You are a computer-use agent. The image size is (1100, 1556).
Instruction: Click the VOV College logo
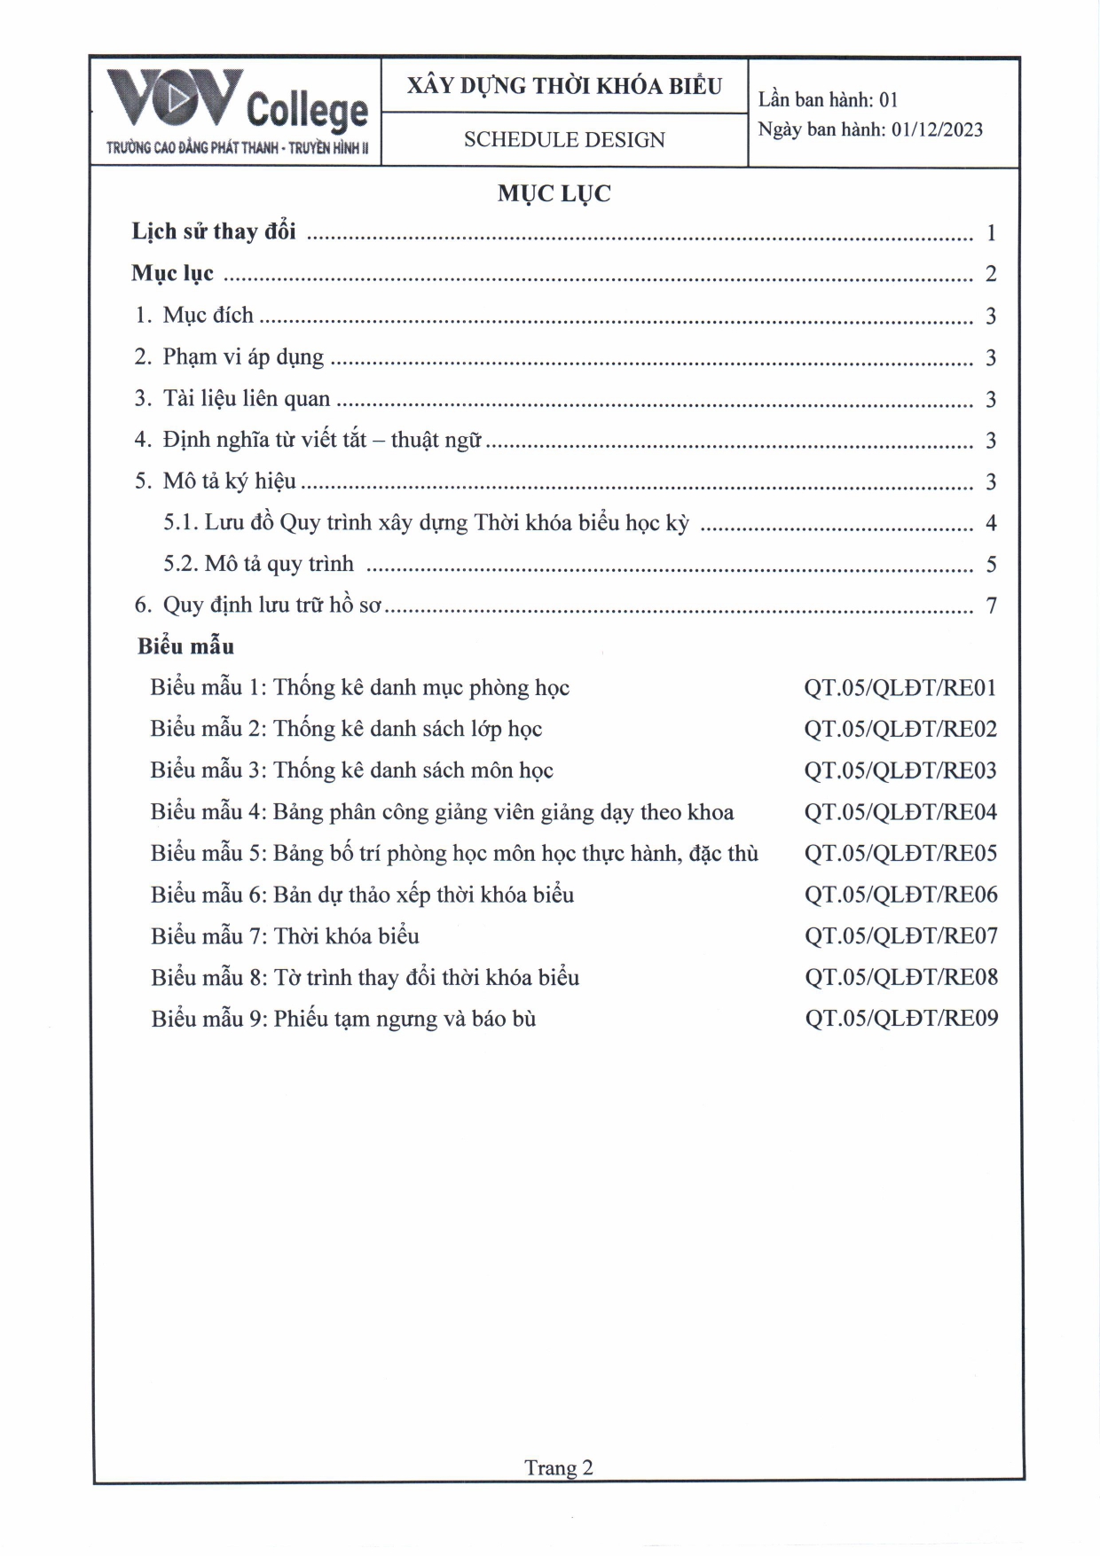[x=237, y=112]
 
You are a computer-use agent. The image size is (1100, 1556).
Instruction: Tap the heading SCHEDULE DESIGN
[x=564, y=140]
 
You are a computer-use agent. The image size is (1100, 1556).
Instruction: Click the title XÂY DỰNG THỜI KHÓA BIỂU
[x=564, y=86]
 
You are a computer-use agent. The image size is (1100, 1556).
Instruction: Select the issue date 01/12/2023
[x=937, y=129]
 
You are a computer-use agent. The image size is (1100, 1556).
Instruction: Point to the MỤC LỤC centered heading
[x=554, y=194]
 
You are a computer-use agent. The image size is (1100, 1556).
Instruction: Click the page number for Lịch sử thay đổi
[x=991, y=233]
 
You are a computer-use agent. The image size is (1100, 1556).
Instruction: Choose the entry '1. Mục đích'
[x=194, y=316]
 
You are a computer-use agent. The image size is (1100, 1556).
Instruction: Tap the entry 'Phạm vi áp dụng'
[x=243, y=357]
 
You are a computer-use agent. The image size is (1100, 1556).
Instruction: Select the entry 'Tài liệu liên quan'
[x=246, y=399]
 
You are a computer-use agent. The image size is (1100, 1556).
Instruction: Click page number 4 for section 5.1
[x=991, y=523]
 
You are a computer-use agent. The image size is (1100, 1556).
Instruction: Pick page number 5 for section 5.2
[x=991, y=565]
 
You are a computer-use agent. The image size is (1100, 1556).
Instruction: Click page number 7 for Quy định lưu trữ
[x=991, y=606]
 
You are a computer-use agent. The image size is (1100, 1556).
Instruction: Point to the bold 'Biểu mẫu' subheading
[x=185, y=646]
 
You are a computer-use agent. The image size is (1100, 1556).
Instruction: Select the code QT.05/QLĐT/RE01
[x=900, y=688]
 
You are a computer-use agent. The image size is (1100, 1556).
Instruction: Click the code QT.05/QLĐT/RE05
[x=900, y=854]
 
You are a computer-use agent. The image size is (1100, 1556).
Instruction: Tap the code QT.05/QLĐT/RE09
[x=901, y=1019]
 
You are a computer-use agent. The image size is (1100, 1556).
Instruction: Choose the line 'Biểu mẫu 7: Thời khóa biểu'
[x=285, y=936]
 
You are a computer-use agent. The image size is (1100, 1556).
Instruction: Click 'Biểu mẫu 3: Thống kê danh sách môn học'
[x=351, y=770]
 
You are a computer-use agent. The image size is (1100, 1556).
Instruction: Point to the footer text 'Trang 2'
[x=558, y=1467]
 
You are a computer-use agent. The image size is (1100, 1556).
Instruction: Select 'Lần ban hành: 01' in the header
[x=828, y=100]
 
